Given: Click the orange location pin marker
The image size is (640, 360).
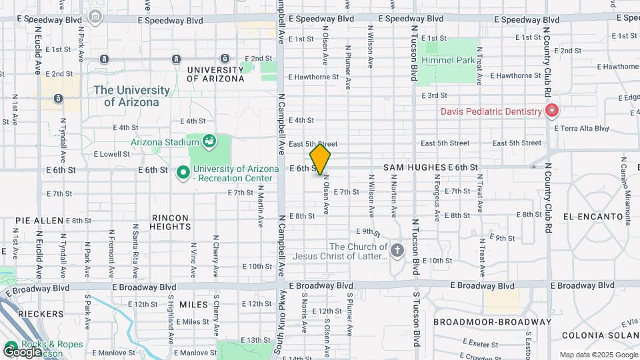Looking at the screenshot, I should point(321,159).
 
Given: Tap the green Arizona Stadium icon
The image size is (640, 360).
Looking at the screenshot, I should point(210,141).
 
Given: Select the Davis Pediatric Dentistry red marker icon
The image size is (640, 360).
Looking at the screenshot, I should point(552,111).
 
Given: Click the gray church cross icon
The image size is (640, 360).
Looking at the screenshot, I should point(397,251).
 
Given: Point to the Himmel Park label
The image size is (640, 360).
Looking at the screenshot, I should point(446,60).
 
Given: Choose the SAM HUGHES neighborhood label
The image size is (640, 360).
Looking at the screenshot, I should point(414,167).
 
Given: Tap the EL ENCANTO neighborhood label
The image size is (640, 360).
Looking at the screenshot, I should point(587,217).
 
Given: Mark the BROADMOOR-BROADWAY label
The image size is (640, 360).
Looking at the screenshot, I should point(492,321).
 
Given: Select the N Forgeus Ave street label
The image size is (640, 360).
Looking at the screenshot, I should point(437,197).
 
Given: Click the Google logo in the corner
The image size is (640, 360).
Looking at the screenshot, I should point(23,351).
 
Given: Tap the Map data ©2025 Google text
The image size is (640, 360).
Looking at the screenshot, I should point(597,355).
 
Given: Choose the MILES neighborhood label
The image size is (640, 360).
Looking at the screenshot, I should point(194,304).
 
